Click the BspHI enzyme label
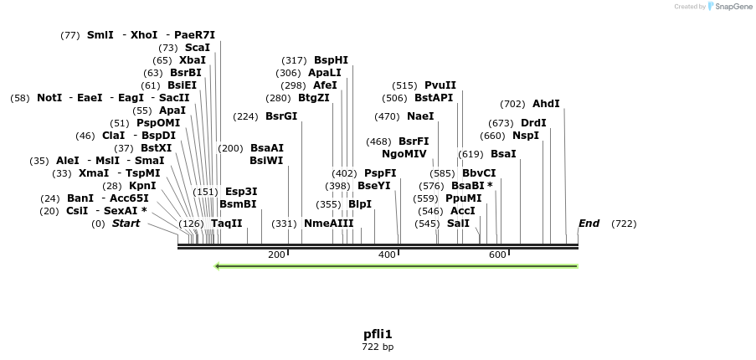point(331,60)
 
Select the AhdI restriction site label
point(546,104)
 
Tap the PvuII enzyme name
point(440,85)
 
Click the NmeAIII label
point(328,224)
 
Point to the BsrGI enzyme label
point(281,116)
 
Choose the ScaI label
point(198,48)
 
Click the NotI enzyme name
point(49,98)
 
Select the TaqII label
point(226,224)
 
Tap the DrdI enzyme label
point(533,123)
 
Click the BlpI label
point(359,204)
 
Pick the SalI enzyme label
point(458,224)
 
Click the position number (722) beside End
point(624,224)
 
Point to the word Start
point(126,224)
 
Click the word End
point(589,224)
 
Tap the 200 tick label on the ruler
point(276,255)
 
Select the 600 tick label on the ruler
point(497,255)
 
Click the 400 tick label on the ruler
point(387,255)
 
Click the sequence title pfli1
point(378,334)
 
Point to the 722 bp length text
point(378,347)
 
